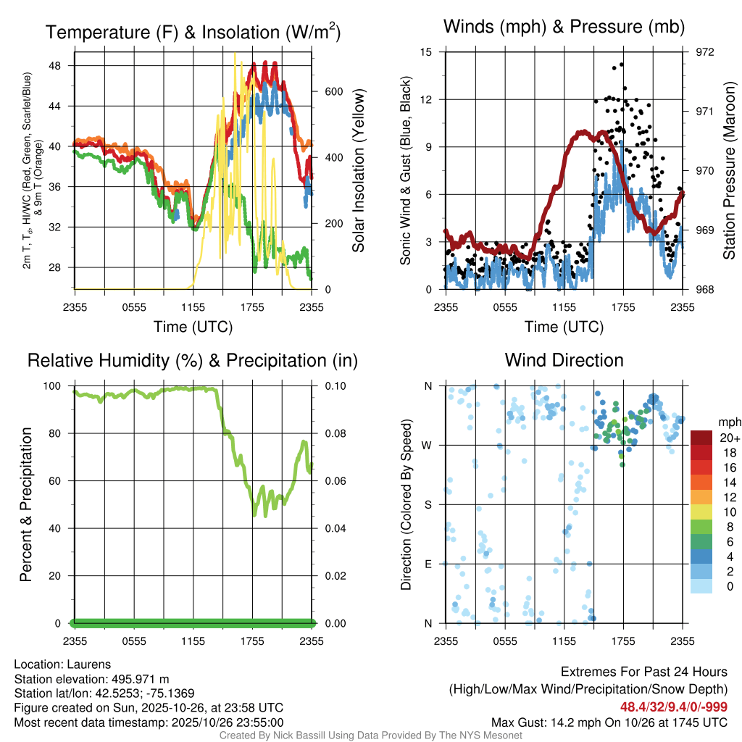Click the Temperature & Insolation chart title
(193, 32)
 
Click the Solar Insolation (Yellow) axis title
(358, 170)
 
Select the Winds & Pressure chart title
(564, 28)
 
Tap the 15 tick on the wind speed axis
(426, 52)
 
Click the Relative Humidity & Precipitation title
(193, 360)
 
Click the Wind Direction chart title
(564, 360)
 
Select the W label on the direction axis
(428, 445)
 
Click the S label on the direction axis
(428, 504)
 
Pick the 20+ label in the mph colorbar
(729, 438)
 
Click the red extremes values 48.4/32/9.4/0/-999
(673, 706)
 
